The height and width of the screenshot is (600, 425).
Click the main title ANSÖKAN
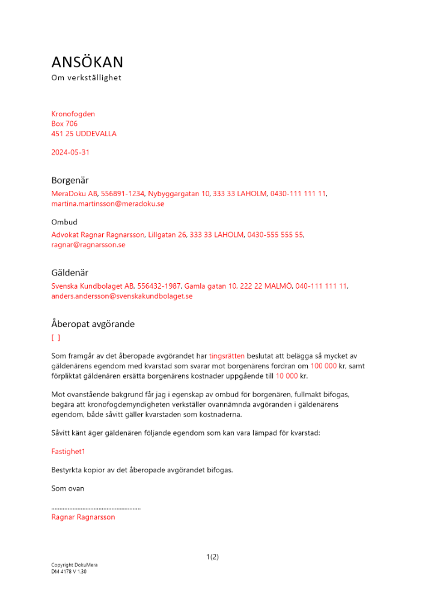pyautogui.click(x=87, y=62)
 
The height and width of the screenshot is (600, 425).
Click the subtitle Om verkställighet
pyautogui.click(x=87, y=77)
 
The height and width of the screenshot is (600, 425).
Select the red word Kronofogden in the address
pyautogui.click(x=73, y=114)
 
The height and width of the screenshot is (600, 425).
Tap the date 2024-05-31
pyautogui.click(x=70, y=152)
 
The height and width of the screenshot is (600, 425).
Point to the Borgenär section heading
pyautogui.click(x=70, y=180)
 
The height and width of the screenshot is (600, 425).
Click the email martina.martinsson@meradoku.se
pyautogui.click(x=108, y=204)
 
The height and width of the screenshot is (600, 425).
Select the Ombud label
pyautogui.click(x=64, y=222)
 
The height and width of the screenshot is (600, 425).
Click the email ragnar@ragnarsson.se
pyautogui.click(x=88, y=245)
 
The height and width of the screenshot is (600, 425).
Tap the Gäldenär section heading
pyautogui.click(x=70, y=272)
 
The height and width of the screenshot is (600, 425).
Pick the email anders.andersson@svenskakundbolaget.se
pyautogui.click(x=122, y=296)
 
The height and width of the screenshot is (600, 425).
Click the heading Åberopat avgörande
pyautogui.click(x=93, y=324)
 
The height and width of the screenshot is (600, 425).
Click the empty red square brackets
pyautogui.click(x=56, y=338)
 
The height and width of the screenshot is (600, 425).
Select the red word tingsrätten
pyautogui.click(x=228, y=356)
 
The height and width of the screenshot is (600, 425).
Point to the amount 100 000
pyautogui.click(x=323, y=366)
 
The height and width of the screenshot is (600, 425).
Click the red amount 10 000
pyautogui.click(x=287, y=376)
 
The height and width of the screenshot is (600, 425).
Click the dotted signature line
pyautogui.click(x=96, y=508)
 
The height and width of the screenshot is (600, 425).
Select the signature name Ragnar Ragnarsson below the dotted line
pyautogui.click(x=84, y=517)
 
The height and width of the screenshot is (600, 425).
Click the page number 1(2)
pyautogui.click(x=212, y=557)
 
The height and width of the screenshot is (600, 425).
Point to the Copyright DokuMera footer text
pyautogui.click(x=75, y=565)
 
